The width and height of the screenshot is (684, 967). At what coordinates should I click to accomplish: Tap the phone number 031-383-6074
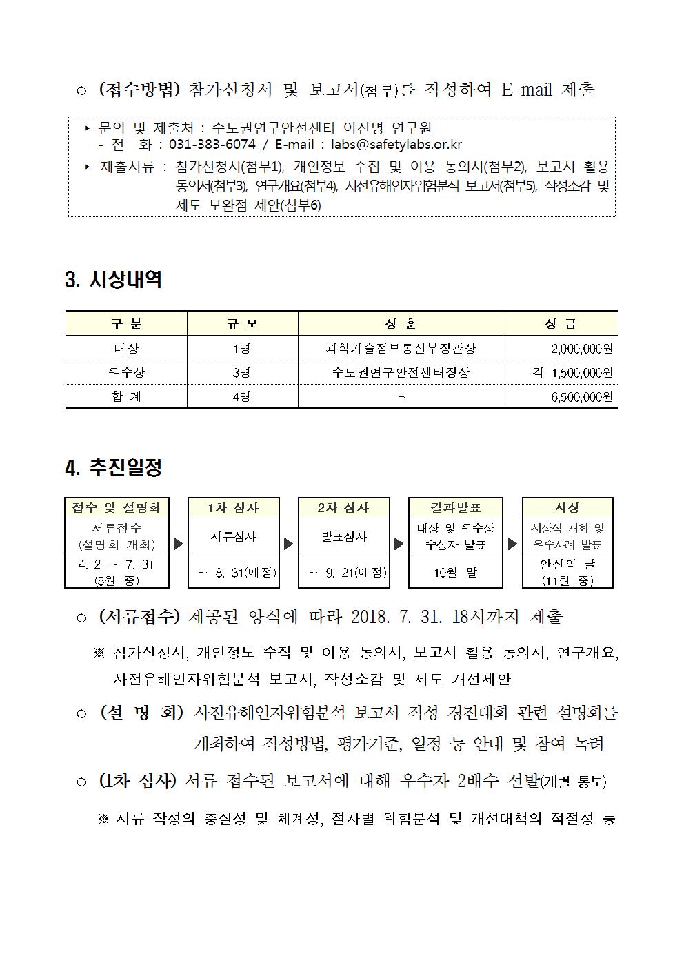pyautogui.click(x=212, y=144)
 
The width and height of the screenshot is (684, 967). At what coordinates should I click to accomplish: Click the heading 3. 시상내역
pyautogui.click(x=113, y=280)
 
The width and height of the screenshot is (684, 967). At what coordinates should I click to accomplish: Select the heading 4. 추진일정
pyautogui.click(x=113, y=468)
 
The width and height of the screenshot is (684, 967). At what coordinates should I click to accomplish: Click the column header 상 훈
pyautogui.click(x=401, y=323)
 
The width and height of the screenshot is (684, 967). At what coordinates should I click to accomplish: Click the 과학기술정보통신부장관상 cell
pyautogui.click(x=401, y=349)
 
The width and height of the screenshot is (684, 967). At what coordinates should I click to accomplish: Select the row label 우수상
pyautogui.click(x=126, y=373)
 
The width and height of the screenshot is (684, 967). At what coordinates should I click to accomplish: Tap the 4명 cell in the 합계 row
pyautogui.click(x=241, y=397)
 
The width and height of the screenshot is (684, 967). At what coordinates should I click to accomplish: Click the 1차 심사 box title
pyautogui.click(x=234, y=507)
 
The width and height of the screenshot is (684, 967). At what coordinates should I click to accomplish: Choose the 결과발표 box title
pyautogui.click(x=456, y=507)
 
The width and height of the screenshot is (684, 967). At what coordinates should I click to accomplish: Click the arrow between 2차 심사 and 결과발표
pyautogui.click(x=399, y=544)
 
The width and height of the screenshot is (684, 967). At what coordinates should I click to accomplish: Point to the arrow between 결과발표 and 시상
pyautogui.click(x=512, y=544)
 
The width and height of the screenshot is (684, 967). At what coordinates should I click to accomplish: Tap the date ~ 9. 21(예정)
pyautogui.click(x=344, y=573)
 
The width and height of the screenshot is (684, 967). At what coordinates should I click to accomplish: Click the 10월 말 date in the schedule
pyautogui.click(x=456, y=573)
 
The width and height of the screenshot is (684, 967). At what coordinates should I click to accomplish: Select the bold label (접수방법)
pyautogui.click(x=139, y=90)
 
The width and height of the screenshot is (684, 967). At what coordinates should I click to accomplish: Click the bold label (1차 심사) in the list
pyautogui.click(x=138, y=781)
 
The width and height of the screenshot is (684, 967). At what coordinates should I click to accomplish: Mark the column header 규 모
pyautogui.click(x=242, y=323)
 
